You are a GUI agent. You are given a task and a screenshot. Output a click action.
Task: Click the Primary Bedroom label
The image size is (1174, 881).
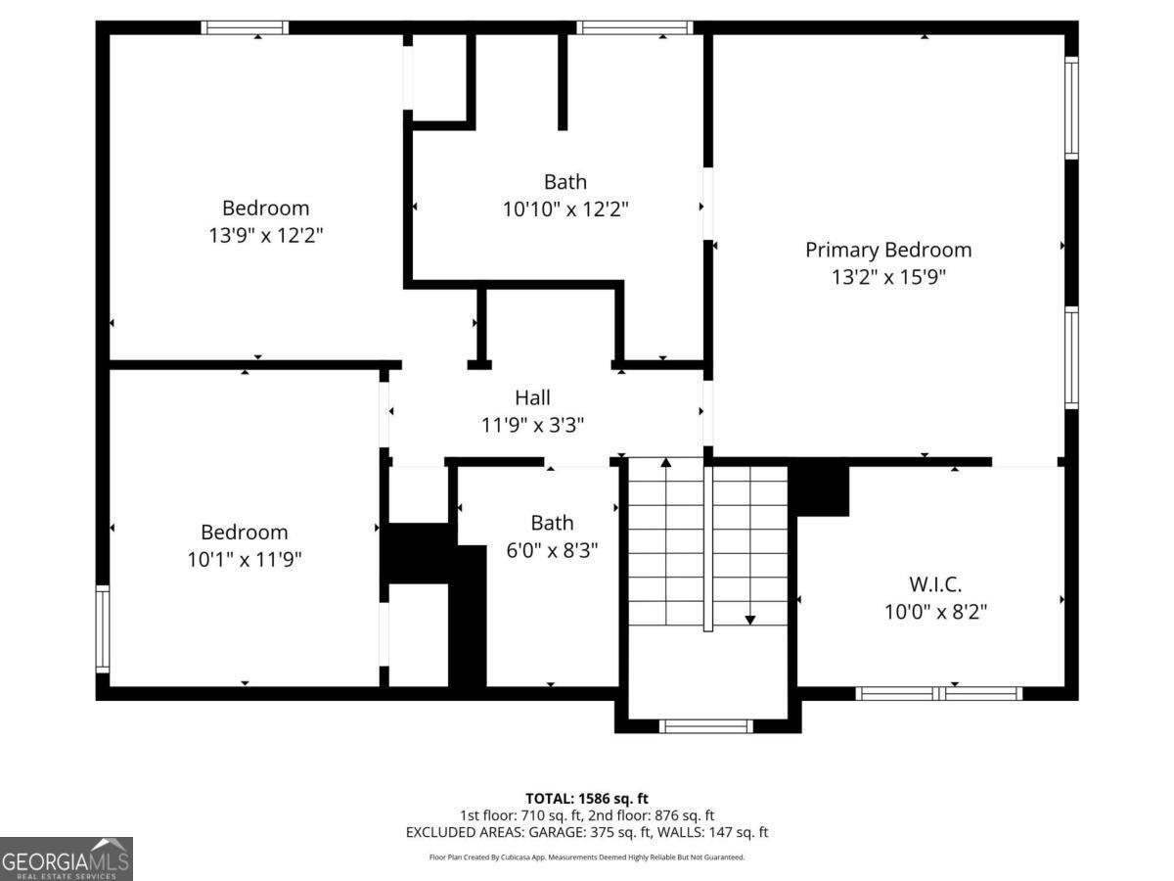tap(888, 250)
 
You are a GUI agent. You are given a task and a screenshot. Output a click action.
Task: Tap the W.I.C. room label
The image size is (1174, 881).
tap(935, 584)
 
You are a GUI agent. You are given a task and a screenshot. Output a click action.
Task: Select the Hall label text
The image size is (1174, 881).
tap(532, 397)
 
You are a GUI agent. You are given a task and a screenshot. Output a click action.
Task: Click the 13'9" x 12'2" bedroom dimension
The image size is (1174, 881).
tap(265, 236)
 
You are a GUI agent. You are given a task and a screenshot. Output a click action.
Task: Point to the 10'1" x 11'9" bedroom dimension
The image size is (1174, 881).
tap(245, 560)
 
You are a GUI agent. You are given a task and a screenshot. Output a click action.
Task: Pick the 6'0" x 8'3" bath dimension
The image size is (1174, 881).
tap(552, 551)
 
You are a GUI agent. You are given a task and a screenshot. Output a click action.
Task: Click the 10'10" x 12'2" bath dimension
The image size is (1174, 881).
tap(565, 209)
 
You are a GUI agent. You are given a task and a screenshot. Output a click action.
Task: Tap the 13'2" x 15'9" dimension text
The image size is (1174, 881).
tap(888, 277)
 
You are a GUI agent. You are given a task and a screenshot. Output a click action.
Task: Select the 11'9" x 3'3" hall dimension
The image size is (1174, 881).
tap(532, 425)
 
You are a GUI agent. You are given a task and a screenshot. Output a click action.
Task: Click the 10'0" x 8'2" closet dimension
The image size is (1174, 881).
tap(935, 612)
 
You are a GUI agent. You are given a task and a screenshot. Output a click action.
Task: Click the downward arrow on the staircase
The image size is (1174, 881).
tap(750, 618)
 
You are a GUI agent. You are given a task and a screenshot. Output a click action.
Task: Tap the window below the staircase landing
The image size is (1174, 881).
tap(705, 726)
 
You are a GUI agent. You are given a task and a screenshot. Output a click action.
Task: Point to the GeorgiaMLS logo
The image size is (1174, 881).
tap(66, 859)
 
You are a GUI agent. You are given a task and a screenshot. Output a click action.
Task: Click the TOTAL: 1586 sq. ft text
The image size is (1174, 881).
tap(587, 798)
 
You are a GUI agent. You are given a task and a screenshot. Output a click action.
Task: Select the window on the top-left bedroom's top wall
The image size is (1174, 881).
tap(245, 27)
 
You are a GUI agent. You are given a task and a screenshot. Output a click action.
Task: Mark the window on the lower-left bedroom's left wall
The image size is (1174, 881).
tap(103, 628)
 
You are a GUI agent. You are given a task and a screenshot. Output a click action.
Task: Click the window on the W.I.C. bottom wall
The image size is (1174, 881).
tap(939, 693)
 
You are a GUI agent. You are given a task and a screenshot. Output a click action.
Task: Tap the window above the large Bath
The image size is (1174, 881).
tap(635, 27)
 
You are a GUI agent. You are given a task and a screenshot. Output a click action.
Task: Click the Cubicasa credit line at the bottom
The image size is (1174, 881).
tap(587, 858)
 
